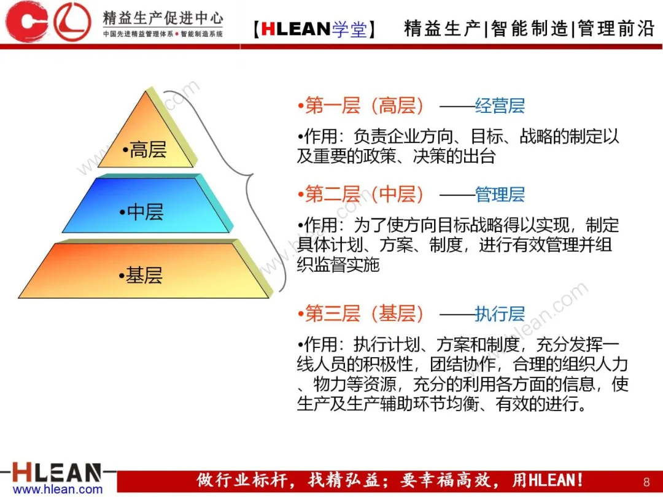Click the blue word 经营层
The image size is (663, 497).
pos(500,106)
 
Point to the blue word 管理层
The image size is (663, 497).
pos(500,195)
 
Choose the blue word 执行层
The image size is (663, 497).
pos(500,314)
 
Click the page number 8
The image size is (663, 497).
pos(646,482)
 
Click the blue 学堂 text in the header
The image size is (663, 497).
pos(349,29)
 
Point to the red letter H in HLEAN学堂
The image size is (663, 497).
pos(268,29)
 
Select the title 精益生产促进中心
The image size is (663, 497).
pos(163,18)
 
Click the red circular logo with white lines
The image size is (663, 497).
pos(72,21)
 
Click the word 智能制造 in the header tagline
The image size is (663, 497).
pos(529,29)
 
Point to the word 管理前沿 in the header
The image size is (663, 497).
pos(616,29)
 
